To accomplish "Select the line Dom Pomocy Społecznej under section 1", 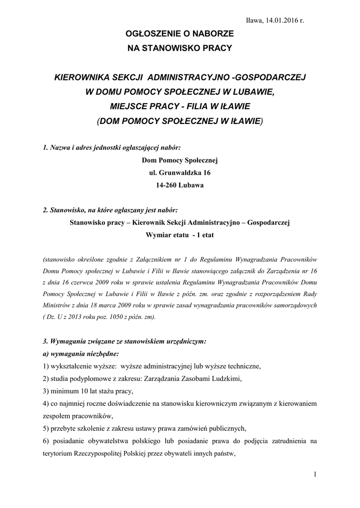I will pos(180,160).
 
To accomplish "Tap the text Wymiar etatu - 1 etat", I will pos(180,235).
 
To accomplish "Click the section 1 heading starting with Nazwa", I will pos(112,148).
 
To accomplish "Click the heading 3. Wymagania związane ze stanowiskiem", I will pos(124,342).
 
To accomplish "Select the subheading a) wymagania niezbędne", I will pos(80,354).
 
